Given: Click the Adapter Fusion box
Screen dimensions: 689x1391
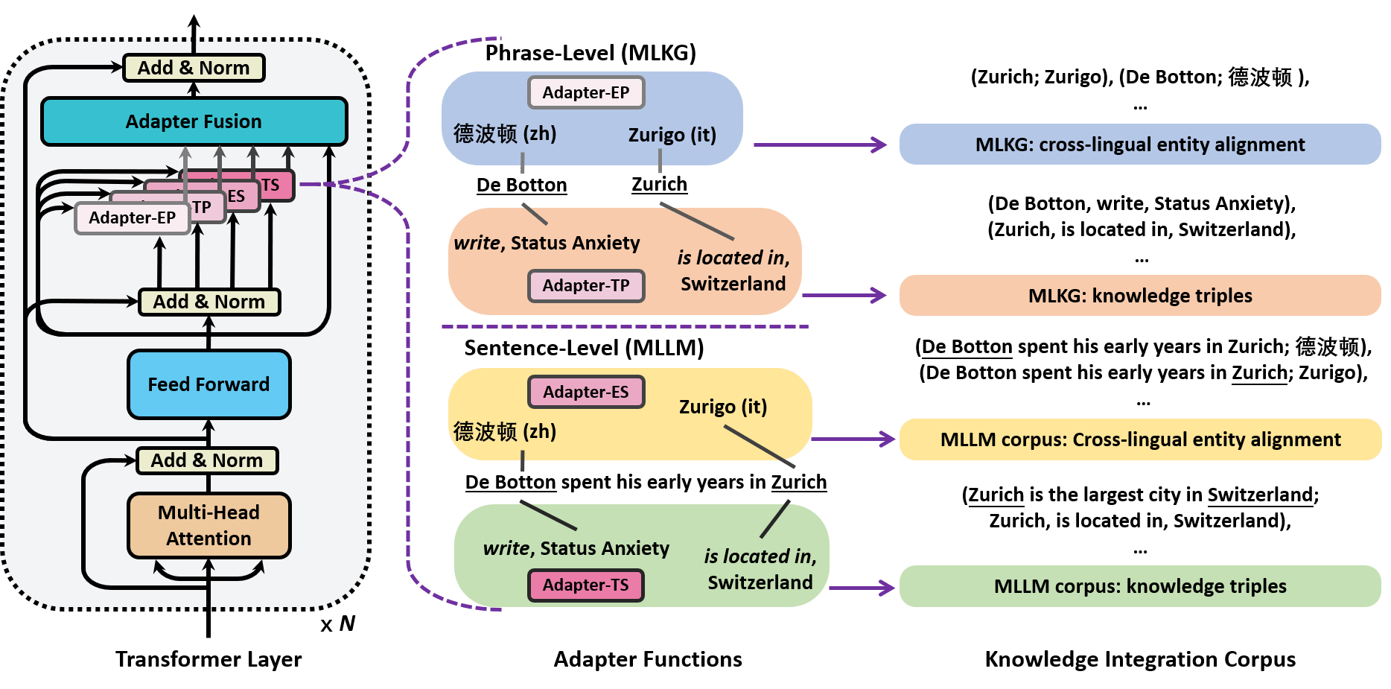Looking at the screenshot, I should [x=194, y=121].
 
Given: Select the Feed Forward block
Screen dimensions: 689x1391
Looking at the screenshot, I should [x=209, y=384].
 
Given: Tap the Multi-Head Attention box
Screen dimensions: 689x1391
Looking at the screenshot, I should [x=209, y=525].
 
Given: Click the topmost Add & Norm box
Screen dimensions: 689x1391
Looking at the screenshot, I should [x=194, y=68].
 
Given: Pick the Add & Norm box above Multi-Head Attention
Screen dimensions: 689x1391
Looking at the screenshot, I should [x=207, y=460].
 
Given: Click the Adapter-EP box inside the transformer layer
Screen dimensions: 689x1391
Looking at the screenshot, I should [x=132, y=218].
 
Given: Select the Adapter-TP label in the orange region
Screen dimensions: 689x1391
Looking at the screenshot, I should [x=585, y=286].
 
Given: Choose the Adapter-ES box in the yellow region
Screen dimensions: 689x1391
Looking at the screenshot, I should [x=585, y=392].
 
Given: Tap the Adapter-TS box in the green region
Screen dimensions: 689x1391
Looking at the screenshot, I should [x=585, y=585].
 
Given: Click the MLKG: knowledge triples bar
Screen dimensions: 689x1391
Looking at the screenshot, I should [x=1139, y=296].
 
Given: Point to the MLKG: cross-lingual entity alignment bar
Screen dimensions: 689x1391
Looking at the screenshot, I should [x=1139, y=145].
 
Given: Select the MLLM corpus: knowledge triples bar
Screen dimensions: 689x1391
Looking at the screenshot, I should [x=1139, y=586].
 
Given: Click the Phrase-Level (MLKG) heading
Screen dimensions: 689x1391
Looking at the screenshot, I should [x=591, y=53].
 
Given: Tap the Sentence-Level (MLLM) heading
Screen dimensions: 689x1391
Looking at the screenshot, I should [x=584, y=348].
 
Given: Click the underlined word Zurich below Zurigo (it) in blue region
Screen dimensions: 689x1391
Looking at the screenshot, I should [x=659, y=184].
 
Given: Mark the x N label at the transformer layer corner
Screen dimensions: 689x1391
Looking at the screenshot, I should [x=338, y=623].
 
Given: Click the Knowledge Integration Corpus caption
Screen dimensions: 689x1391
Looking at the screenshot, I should [x=1139, y=659].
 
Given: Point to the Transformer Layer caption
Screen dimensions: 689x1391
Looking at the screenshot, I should [x=209, y=659].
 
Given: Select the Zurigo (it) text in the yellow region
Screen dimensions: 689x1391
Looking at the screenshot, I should [x=722, y=407].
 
